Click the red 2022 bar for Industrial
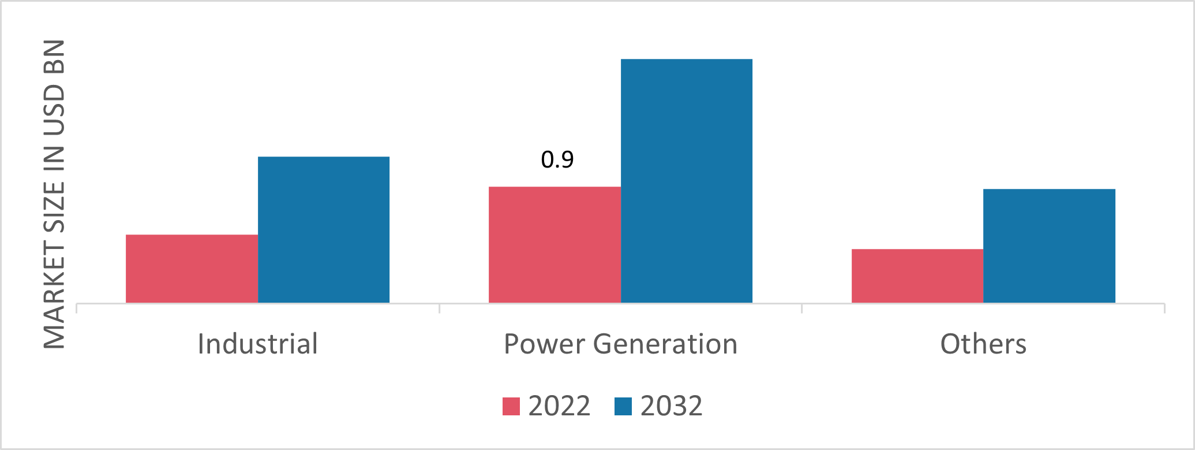click(x=192, y=269)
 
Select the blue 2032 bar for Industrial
click(x=324, y=230)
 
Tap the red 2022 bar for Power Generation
click(x=555, y=245)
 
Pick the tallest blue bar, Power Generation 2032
click(x=687, y=181)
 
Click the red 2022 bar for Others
click(x=917, y=276)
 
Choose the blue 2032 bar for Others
click(x=1049, y=246)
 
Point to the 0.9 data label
click(x=557, y=160)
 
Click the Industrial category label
click(x=257, y=344)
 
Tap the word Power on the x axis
click(x=544, y=344)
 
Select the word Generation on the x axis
click(x=665, y=344)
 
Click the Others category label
click(x=983, y=344)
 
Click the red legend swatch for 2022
click(x=511, y=406)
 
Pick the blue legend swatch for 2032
click(x=623, y=406)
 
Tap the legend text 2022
click(x=559, y=406)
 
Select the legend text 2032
click(x=671, y=406)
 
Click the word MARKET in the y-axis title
click(x=54, y=296)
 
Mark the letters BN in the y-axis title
click(x=54, y=56)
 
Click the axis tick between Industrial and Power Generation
click(x=440, y=308)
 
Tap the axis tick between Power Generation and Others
click(x=802, y=308)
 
